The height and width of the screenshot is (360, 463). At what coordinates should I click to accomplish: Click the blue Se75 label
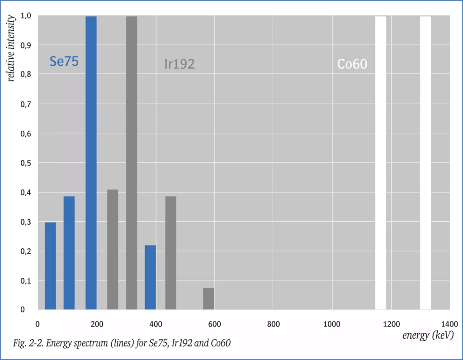64,62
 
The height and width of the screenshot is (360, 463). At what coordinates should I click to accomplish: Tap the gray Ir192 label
180,64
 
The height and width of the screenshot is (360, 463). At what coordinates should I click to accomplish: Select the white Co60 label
352,64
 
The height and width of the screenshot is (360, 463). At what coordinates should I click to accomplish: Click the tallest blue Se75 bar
91,163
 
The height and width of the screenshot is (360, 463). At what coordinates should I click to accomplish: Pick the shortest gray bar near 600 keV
208,298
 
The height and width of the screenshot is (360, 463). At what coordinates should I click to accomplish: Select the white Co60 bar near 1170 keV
381,163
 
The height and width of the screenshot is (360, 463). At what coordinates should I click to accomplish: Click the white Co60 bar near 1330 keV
425,163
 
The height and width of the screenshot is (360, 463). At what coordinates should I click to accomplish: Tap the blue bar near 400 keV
150,277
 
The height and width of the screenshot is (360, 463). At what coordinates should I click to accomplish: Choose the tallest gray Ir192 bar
132,163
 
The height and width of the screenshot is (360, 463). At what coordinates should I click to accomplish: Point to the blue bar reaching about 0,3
50,266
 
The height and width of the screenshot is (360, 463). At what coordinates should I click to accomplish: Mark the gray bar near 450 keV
170,253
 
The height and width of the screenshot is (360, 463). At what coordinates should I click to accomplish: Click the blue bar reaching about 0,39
69,253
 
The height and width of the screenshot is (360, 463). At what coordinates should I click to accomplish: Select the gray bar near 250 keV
113,250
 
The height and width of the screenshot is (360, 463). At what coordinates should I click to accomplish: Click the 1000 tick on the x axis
332,324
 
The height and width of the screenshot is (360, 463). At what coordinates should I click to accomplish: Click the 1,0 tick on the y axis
25,16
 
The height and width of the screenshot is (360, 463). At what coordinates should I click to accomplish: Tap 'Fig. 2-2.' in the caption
28,343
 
